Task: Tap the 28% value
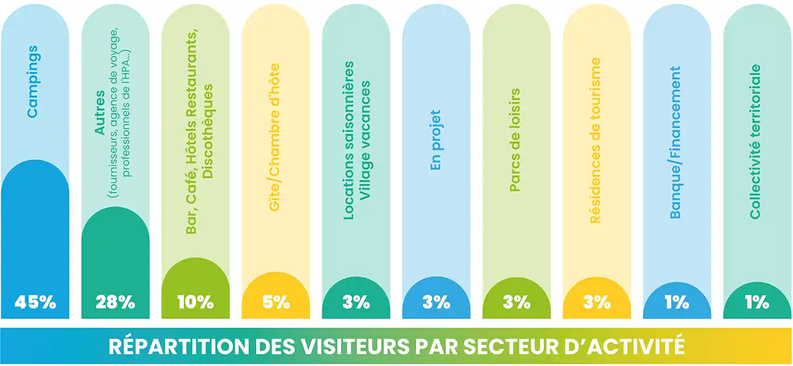[x=115, y=303]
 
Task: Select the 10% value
[x=196, y=303]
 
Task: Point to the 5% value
[x=276, y=303]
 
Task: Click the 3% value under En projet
[x=436, y=303]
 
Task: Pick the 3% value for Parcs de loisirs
[x=517, y=303]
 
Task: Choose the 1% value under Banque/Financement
[x=677, y=303]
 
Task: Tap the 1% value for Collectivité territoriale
[x=757, y=303]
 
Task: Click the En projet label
[x=435, y=144]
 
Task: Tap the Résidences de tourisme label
[x=596, y=141]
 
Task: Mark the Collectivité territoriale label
[x=756, y=141]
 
